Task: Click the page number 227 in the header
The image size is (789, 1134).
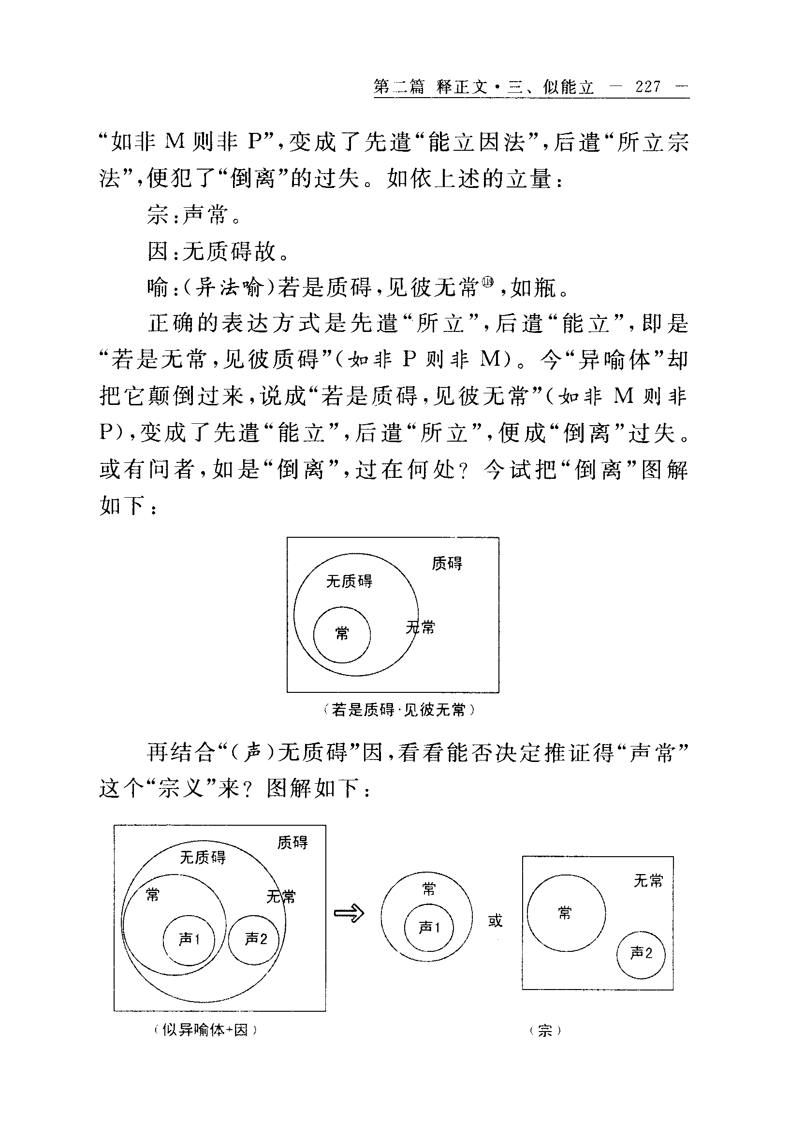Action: (648, 87)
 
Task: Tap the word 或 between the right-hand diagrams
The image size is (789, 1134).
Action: (495, 919)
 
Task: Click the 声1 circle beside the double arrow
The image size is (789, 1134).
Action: (429, 928)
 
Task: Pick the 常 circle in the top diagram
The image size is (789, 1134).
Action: (342, 634)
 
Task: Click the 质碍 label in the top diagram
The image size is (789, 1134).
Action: (447, 563)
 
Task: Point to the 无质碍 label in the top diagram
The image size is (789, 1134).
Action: (349, 581)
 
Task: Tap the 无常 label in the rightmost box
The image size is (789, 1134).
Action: (648, 880)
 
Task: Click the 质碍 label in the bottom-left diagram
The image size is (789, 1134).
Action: (292, 843)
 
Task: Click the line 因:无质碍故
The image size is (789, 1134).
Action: (218, 251)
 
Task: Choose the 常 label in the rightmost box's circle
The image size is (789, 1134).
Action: (565, 913)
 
